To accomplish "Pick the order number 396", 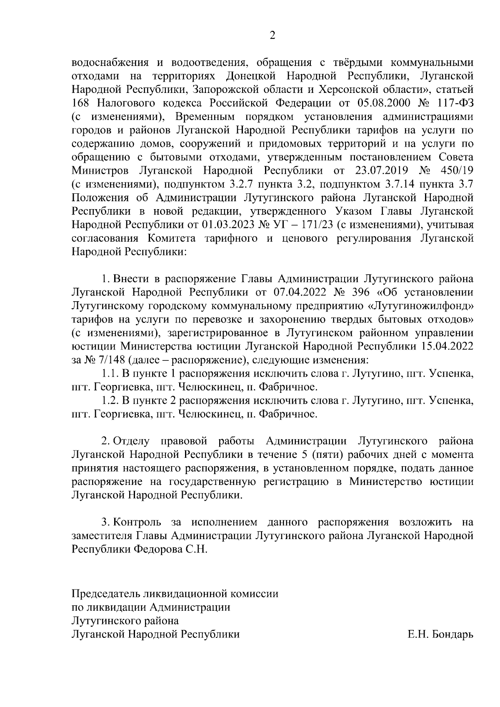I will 361,292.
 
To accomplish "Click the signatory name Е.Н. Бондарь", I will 440,634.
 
